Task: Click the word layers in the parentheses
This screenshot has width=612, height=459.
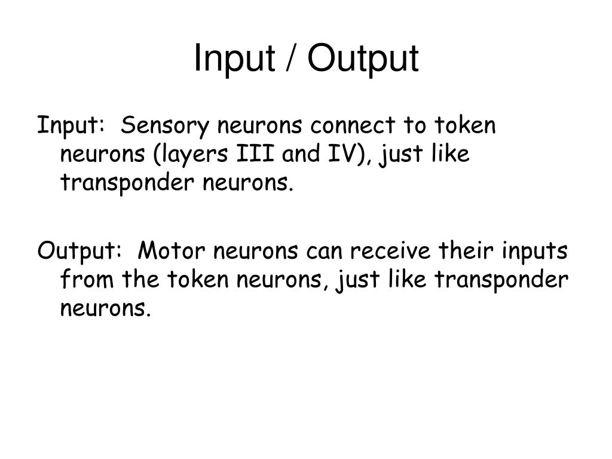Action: (x=192, y=154)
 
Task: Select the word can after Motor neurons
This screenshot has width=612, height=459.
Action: (x=323, y=252)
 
